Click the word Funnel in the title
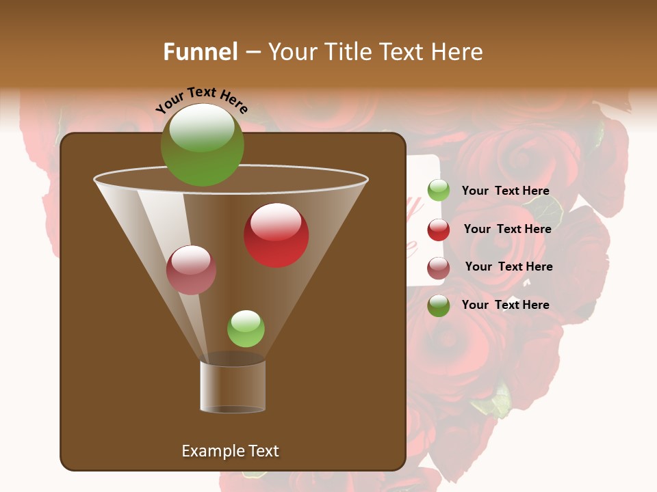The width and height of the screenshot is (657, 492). click(201, 52)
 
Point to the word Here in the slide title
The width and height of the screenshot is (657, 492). click(456, 52)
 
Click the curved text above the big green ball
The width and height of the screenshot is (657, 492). click(201, 101)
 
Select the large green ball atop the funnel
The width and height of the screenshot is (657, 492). click(202, 144)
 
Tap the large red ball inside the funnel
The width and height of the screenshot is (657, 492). click(276, 235)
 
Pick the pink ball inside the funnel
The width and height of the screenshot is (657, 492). click(191, 270)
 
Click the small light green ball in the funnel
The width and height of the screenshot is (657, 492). click(246, 329)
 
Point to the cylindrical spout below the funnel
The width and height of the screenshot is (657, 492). click(233, 386)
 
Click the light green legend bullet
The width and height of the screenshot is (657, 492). click(439, 191)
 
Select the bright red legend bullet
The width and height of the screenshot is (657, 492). click(439, 230)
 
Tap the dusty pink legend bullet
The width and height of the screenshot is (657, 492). click(439, 268)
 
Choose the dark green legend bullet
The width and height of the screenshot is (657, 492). click(439, 305)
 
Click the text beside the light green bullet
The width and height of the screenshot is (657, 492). click(505, 191)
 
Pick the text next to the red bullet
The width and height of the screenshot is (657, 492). click(507, 229)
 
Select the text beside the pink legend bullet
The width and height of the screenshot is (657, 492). click(508, 266)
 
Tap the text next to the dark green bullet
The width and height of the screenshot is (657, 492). click(505, 305)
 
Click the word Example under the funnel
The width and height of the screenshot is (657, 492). click(213, 451)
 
